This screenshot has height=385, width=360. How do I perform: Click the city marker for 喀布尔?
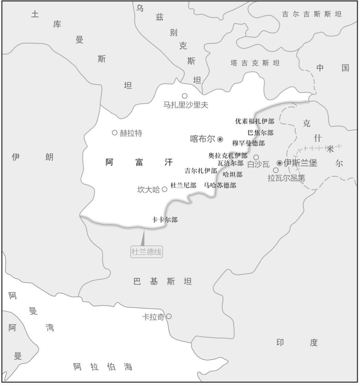[x=220, y=139]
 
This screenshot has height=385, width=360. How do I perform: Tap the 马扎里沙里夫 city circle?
[x=185, y=96]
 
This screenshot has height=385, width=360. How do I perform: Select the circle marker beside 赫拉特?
[x=115, y=132]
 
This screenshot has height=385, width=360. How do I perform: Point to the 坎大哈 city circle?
[x=164, y=189]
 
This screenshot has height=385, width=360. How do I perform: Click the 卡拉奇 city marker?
[x=169, y=316]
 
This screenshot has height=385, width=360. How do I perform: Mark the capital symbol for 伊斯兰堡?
[x=280, y=163]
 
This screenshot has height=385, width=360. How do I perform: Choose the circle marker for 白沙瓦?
[x=256, y=157]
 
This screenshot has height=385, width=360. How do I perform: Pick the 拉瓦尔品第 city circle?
[x=276, y=170]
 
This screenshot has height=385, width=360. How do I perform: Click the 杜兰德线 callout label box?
[x=146, y=252]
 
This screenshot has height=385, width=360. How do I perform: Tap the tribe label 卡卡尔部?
[x=165, y=220]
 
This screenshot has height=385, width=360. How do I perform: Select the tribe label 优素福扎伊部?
[x=255, y=121]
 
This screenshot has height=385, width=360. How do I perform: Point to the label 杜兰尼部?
[x=183, y=185]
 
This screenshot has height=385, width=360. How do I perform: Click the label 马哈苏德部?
[x=220, y=185]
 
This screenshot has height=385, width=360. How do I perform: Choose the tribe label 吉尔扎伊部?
[x=201, y=171]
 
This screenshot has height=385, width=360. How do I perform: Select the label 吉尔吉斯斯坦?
[x=312, y=14]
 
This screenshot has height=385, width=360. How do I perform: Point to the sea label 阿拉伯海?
[x=103, y=367]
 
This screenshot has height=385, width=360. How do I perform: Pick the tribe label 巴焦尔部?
[x=261, y=132]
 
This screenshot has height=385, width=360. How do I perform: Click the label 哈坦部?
[x=232, y=174]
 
